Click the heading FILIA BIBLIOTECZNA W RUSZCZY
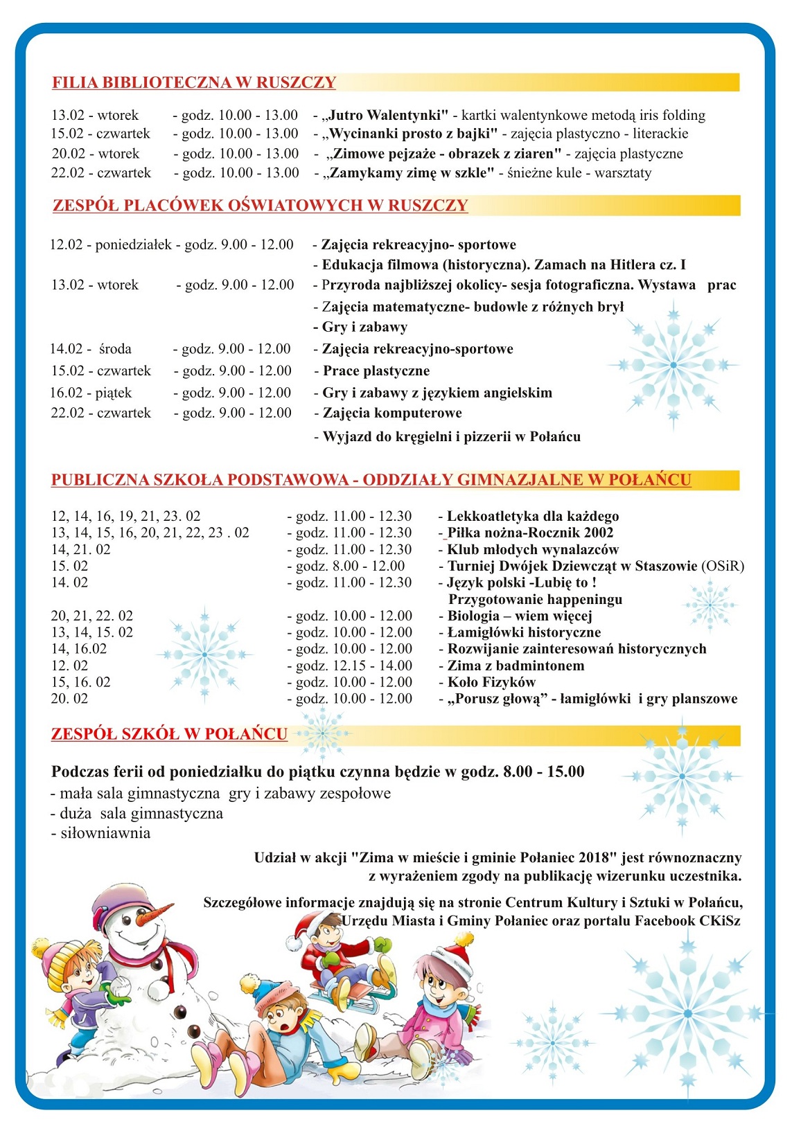click(193, 82)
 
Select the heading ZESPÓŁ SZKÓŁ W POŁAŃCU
click(169, 734)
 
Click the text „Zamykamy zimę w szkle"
click(408, 172)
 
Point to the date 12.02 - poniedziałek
click(110, 244)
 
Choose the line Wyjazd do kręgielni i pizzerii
click(451, 436)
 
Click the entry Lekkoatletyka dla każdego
click(532, 516)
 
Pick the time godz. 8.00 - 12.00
click(350, 566)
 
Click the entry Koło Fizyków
click(491, 682)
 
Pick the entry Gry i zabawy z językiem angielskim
click(437, 393)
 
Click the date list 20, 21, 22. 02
click(91, 616)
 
